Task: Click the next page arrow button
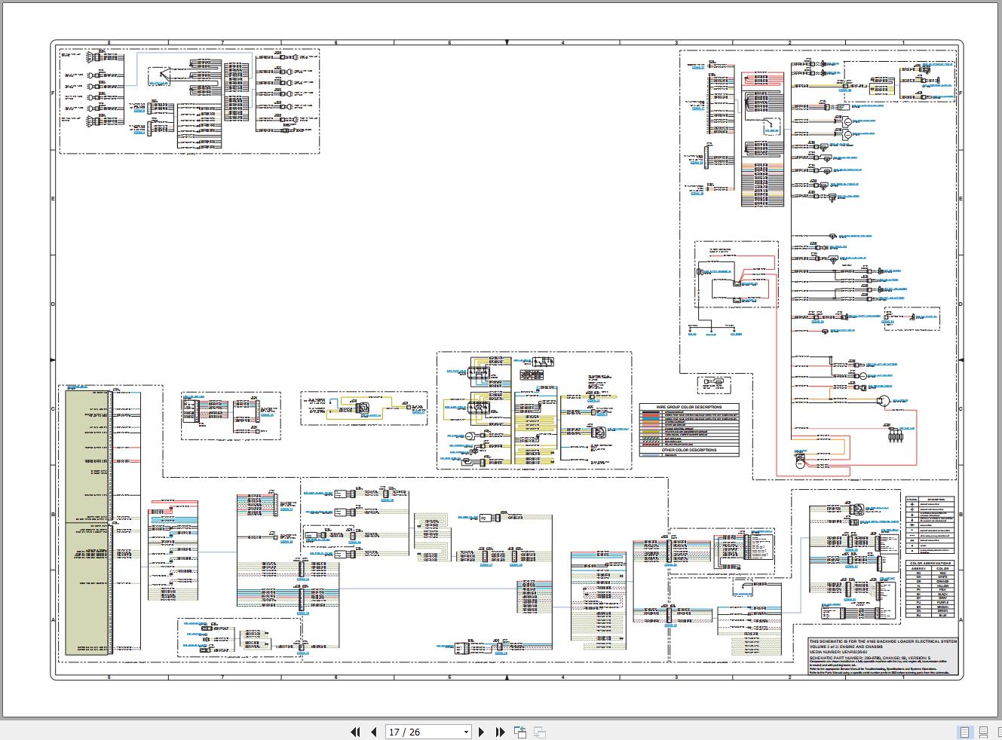[x=482, y=732]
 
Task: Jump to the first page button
[x=356, y=732]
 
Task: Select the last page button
[x=500, y=732]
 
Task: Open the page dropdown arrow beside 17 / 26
[x=465, y=732]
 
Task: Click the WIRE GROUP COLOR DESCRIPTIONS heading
[x=689, y=407]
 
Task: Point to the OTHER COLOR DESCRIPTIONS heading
[x=689, y=450]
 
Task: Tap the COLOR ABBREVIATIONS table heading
[x=930, y=564]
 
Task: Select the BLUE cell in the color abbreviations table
[x=942, y=616]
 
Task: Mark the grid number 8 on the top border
[x=109, y=43]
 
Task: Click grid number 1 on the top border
[x=903, y=43]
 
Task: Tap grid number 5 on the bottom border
[x=449, y=677]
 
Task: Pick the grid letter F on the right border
[x=960, y=93]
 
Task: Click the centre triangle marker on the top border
[x=507, y=43]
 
